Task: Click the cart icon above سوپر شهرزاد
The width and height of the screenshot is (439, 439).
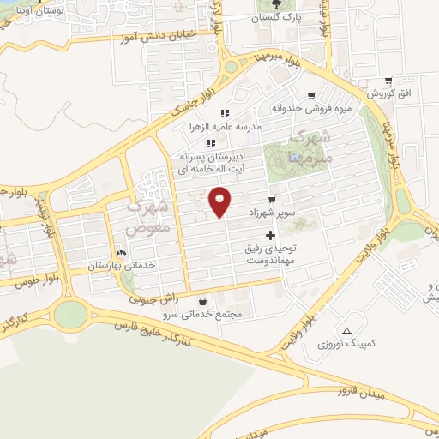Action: (272, 199)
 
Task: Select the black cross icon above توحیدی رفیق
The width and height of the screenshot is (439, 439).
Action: (271, 234)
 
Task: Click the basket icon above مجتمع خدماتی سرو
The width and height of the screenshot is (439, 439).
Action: (202, 301)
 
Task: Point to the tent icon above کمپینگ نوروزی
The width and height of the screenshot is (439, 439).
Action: (346, 331)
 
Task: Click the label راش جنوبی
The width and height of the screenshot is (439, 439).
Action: (153, 299)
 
